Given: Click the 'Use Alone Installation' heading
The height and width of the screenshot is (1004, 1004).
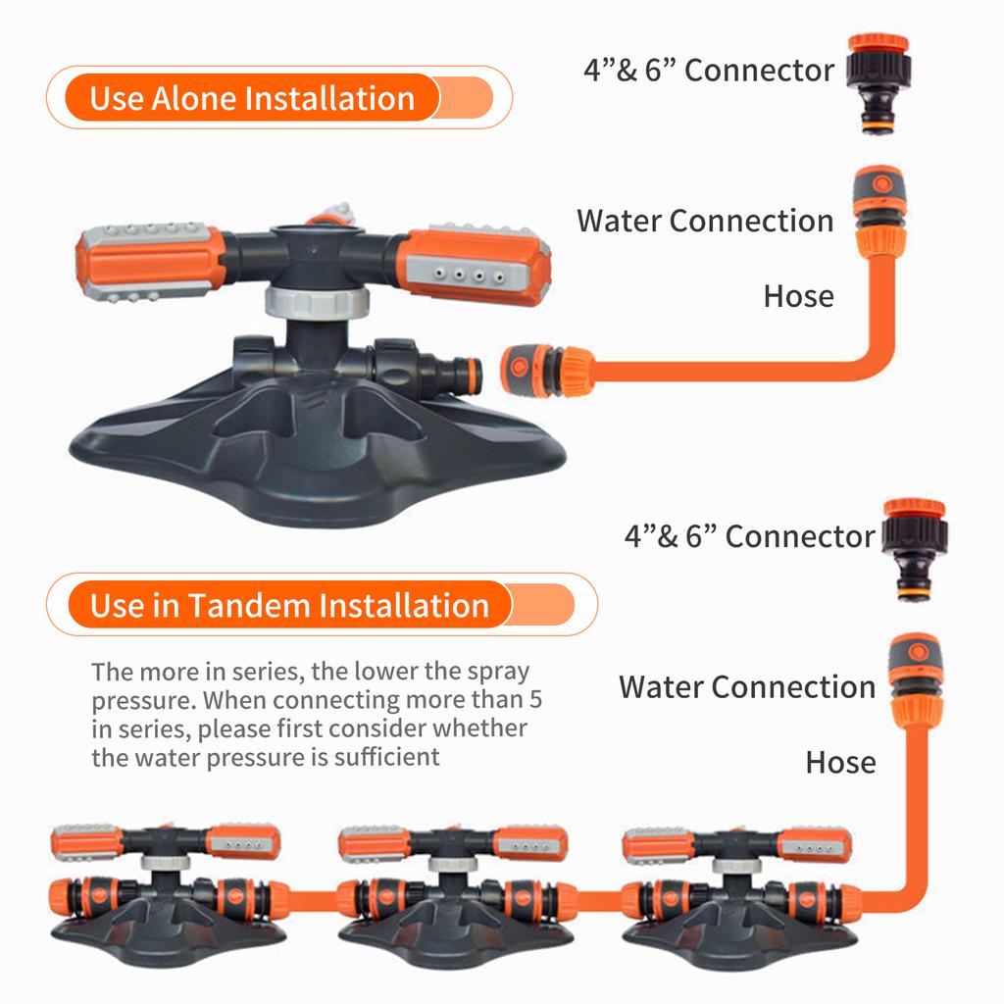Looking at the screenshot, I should click(x=252, y=98).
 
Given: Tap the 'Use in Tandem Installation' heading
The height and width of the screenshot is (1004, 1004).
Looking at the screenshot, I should click(x=289, y=605).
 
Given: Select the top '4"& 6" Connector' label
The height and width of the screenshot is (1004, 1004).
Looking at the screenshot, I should click(x=708, y=71).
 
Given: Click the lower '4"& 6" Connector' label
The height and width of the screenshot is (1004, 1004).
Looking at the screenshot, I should click(x=749, y=536).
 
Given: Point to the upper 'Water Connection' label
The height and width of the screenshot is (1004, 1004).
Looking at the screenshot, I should click(x=705, y=221).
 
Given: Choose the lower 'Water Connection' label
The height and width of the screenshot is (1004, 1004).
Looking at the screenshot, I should click(x=746, y=686).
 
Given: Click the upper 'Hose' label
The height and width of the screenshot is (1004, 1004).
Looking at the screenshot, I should click(x=798, y=296).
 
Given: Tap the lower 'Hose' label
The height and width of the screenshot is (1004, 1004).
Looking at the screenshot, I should click(x=840, y=762).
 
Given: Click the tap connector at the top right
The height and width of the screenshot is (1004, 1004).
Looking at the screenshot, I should click(x=878, y=82).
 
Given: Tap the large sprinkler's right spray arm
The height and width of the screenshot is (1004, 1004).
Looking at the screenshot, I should click(x=474, y=265).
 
